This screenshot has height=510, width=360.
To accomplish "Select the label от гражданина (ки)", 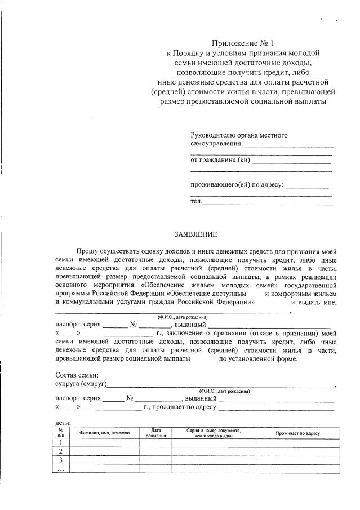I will [220, 161].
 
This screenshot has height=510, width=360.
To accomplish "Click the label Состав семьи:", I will [77, 375].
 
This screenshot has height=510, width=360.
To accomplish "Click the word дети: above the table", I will [63, 422].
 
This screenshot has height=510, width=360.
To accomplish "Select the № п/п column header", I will [61, 433].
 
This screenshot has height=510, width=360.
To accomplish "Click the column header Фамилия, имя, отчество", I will [104, 433].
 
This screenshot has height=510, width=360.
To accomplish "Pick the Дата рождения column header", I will [155, 433].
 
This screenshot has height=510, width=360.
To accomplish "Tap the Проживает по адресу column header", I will [297, 433].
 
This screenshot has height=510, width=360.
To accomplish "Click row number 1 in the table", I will [61, 442].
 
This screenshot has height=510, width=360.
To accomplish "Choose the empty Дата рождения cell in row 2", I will [155, 451].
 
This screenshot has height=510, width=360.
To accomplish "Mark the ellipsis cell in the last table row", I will [61, 469].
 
